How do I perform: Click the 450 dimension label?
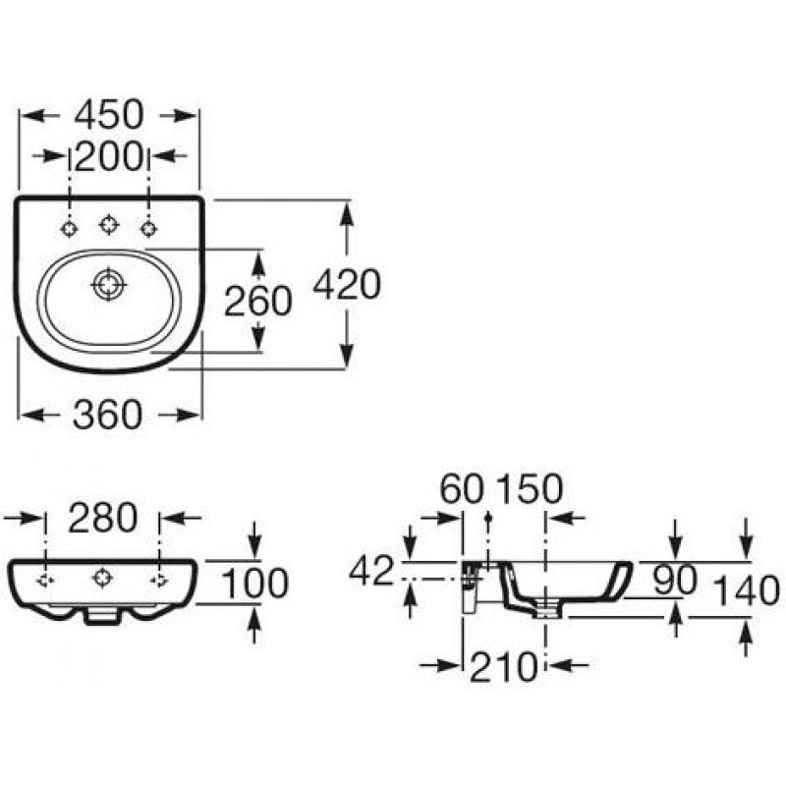coord(109,115)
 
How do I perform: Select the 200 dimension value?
coord(109,156)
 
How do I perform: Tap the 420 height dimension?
coord(347,284)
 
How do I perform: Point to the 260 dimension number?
coord(257,301)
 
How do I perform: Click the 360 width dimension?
coord(108,414)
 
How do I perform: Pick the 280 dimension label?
coord(103,518)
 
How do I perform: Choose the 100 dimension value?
coord(254,584)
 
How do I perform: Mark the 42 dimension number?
coord(371,571)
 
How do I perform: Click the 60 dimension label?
coord(462,488)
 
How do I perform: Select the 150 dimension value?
coord(530,488)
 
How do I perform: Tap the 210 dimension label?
coord(503,667)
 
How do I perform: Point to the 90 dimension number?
coord(675,580)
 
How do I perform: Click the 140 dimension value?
coord(747,590)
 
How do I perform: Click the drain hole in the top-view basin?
coord(108,284)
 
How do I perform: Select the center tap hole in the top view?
coord(108,224)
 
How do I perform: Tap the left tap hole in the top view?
coord(69,229)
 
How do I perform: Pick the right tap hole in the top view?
coord(148,229)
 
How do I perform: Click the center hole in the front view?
coord(102,579)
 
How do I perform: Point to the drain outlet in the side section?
coord(549,609)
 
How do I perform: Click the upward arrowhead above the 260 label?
coord(257,264)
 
